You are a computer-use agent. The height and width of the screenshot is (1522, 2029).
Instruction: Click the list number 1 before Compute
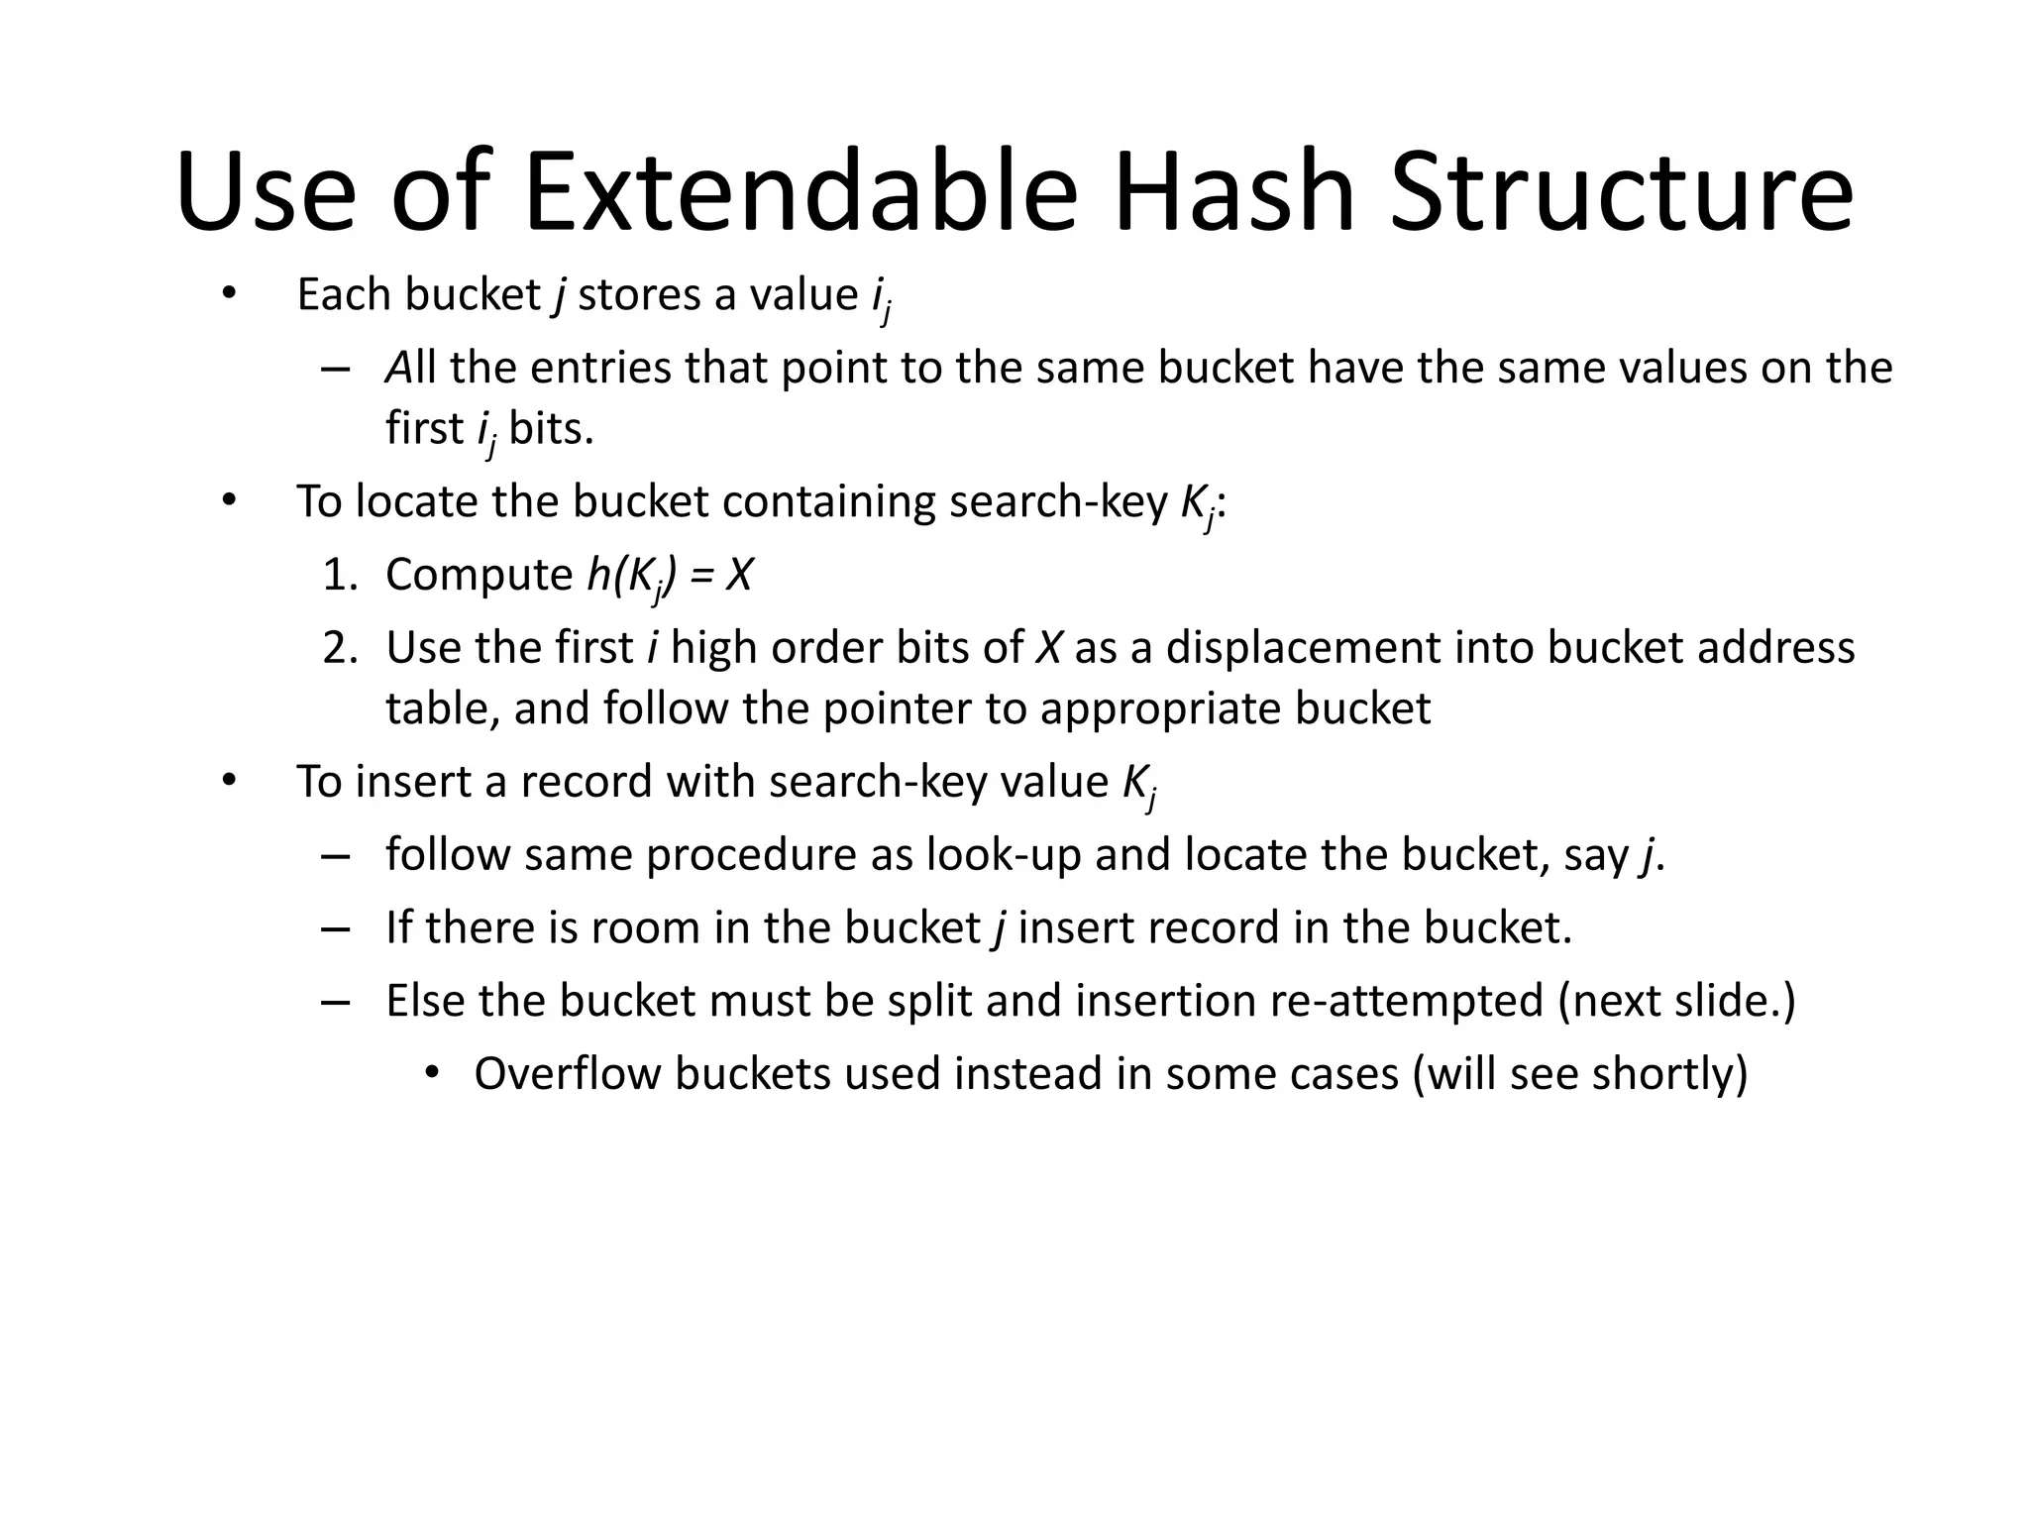[338, 575]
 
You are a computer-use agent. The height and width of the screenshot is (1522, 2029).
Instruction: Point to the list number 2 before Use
[338, 648]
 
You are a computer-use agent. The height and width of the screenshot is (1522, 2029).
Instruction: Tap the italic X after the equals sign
[739, 575]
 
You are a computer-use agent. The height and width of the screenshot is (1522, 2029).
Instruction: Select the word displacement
[1303, 648]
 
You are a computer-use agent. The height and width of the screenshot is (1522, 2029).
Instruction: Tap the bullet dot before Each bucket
[229, 294]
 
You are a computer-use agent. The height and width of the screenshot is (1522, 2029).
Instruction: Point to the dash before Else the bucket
[336, 1001]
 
